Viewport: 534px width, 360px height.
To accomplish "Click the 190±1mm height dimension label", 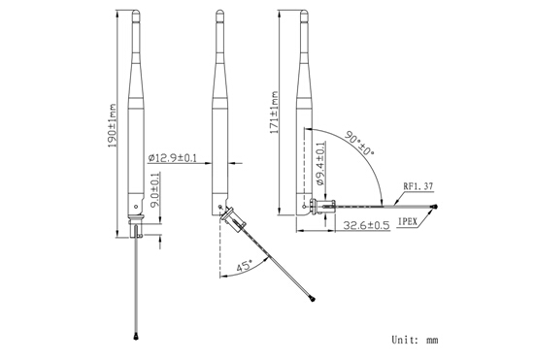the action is click(x=112, y=125).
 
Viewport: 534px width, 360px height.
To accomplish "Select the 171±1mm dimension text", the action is click(x=274, y=113).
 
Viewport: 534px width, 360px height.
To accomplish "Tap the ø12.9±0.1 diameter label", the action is click(x=173, y=158).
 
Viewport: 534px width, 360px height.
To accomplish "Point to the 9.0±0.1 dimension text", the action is click(x=155, y=190).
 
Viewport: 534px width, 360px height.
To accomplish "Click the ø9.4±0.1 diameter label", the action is click(x=320, y=164).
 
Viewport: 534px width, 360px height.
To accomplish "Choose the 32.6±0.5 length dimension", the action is click(x=366, y=225).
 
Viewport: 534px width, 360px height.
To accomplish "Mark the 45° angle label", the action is click(x=245, y=266).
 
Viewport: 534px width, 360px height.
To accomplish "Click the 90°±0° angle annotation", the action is click(x=359, y=143).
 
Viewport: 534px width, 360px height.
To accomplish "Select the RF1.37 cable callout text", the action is click(x=418, y=186).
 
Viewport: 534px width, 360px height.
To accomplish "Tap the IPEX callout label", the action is click(x=408, y=222).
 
